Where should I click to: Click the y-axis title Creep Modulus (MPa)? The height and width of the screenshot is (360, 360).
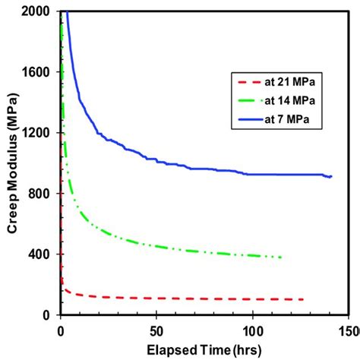[13, 163]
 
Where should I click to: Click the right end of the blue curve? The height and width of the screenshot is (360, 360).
[332, 176]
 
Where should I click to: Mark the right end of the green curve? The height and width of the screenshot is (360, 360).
[282, 257]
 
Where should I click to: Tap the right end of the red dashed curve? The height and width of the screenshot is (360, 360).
[303, 299]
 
